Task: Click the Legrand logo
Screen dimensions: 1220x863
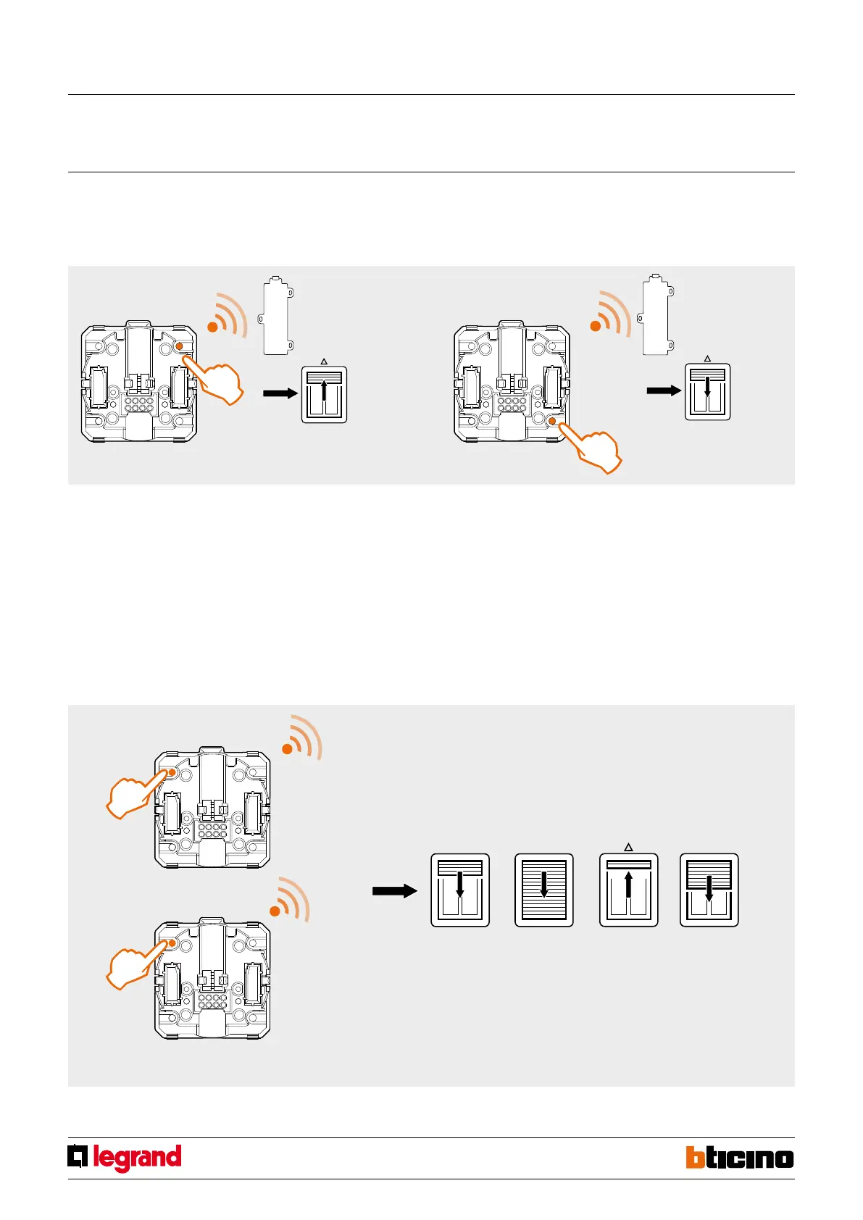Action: pyautogui.click(x=125, y=1158)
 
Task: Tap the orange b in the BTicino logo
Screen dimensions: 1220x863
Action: pyautogui.click(x=696, y=1157)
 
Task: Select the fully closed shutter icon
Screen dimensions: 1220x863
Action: pyautogui.click(x=543, y=890)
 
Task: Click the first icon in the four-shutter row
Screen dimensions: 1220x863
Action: pyautogui.click(x=460, y=890)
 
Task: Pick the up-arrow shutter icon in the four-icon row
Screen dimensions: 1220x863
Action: pyautogui.click(x=628, y=890)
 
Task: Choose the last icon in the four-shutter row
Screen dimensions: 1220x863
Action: pyautogui.click(x=709, y=890)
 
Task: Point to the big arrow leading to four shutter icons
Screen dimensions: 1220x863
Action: pyautogui.click(x=394, y=891)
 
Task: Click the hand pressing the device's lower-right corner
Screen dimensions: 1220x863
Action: pyautogui.click(x=596, y=450)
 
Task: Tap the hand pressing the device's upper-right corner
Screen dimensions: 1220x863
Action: pyautogui.click(x=218, y=380)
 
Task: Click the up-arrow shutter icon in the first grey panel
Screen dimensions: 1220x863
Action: pyautogui.click(x=324, y=394)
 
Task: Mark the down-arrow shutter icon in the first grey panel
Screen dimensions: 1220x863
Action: pyautogui.click(x=707, y=391)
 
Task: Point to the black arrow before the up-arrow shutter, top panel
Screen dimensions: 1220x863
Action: pyautogui.click(x=280, y=393)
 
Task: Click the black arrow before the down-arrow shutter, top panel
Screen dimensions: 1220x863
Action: pyautogui.click(x=664, y=390)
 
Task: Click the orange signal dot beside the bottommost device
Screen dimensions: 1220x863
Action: pyautogui.click(x=275, y=911)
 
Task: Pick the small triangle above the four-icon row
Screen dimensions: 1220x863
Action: pyautogui.click(x=628, y=846)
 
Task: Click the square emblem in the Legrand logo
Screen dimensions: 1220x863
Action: pyautogui.click(x=78, y=1156)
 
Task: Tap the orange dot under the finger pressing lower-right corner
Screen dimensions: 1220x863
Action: pyautogui.click(x=552, y=420)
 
